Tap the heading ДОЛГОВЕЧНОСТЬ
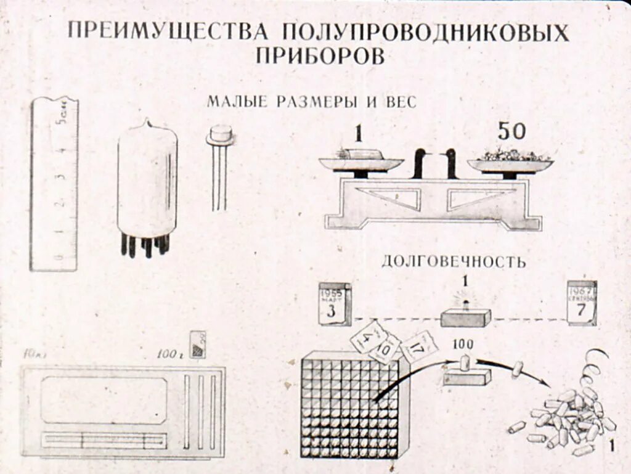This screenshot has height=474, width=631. click(x=454, y=261)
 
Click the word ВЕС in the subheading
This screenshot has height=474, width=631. click(x=400, y=102)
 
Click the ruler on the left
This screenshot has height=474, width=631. click(x=54, y=185)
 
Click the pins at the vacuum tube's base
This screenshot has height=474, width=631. click(x=145, y=245)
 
